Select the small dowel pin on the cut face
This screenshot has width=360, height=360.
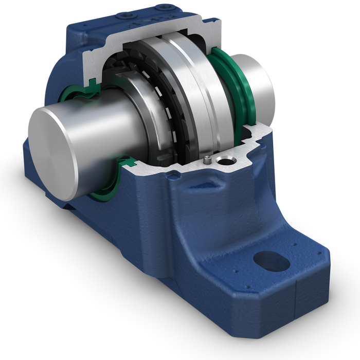[207, 160]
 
